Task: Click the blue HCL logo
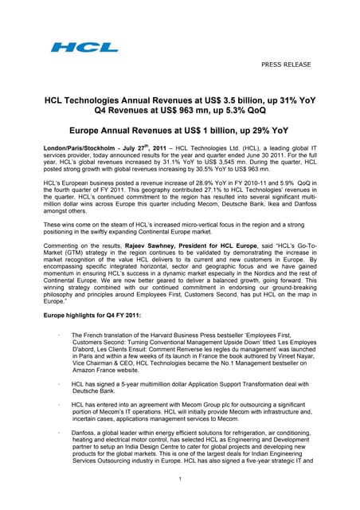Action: (x=73, y=47)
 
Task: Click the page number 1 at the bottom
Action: (x=180, y=500)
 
